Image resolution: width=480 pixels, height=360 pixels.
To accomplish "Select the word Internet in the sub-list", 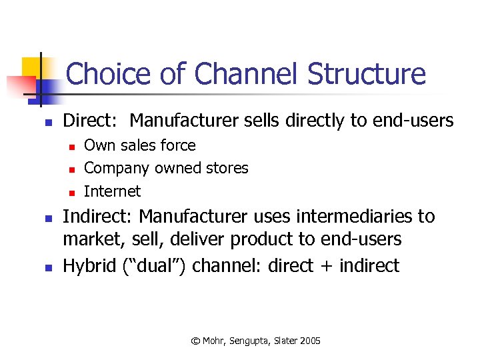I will tap(112, 191).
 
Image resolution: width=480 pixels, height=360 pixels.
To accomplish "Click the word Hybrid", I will tap(91, 266).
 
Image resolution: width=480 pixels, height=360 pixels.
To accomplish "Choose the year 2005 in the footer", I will tap(310, 341).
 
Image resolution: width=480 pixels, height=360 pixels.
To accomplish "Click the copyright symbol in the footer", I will tap(195, 341).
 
